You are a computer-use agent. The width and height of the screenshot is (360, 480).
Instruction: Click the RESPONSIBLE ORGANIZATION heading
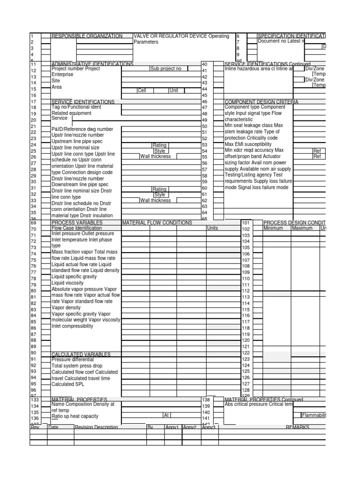pyautogui.click(x=87, y=36)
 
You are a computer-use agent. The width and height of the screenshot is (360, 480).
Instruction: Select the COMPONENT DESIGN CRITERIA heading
pyautogui.click(x=261, y=102)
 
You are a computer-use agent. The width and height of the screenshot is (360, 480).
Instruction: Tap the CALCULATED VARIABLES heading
pyautogui.click(x=81, y=354)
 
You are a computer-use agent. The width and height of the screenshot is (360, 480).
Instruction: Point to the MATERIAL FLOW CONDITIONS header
pyautogui.click(x=157, y=223)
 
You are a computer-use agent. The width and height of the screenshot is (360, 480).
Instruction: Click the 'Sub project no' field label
pyautogui.click(x=165, y=68)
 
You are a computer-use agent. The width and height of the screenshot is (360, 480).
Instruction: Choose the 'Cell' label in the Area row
pyautogui.click(x=142, y=90)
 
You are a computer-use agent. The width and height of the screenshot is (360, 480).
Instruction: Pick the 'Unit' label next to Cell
pyautogui.click(x=173, y=90)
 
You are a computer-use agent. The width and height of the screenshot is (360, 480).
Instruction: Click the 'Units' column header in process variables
pyautogui.click(x=212, y=228)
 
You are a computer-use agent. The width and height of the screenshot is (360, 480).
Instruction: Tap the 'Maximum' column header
pyautogui.click(x=302, y=228)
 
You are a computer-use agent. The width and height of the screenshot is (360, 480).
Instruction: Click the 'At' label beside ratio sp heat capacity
pyautogui.click(x=166, y=415)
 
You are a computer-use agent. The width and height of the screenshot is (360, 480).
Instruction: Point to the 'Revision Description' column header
pyautogui.click(x=96, y=427)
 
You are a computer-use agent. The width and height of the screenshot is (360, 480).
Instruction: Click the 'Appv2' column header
pyautogui.click(x=189, y=427)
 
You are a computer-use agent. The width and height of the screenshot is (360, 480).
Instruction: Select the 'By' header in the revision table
pyautogui.click(x=150, y=427)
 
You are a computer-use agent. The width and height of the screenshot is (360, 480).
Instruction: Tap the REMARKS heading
pyautogui.click(x=297, y=427)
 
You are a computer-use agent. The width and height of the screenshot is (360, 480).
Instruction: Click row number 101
pyautogui.click(x=246, y=223)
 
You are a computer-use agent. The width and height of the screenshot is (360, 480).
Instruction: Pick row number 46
pyautogui.click(x=204, y=102)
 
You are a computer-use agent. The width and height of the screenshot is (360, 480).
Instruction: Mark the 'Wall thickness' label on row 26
pyautogui.click(x=155, y=157)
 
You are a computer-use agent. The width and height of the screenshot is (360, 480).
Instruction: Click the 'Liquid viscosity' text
pyautogui.click(x=67, y=283)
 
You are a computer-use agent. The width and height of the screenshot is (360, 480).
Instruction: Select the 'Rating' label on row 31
pyautogui.click(x=159, y=189)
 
